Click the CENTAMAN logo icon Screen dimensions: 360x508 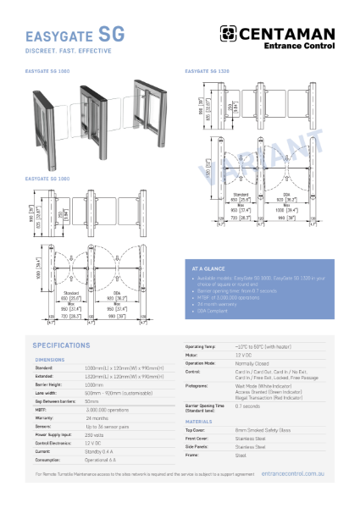(x=230, y=33)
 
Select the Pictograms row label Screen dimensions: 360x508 (x=197, y=385)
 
